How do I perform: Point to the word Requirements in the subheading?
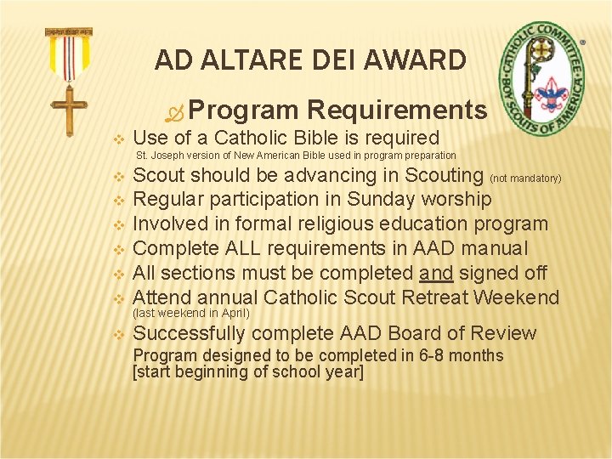(397, 110)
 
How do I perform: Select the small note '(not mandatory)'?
(526, 178)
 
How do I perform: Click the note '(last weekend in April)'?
(192, 313)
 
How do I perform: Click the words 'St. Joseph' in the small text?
(158, 156)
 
